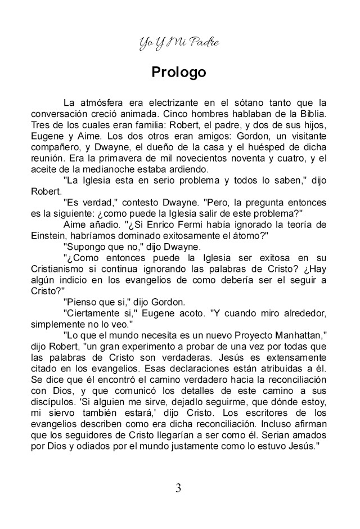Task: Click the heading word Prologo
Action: coord(178,73)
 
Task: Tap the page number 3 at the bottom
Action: coord(178,487)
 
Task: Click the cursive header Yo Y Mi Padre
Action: coord(178,43)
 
